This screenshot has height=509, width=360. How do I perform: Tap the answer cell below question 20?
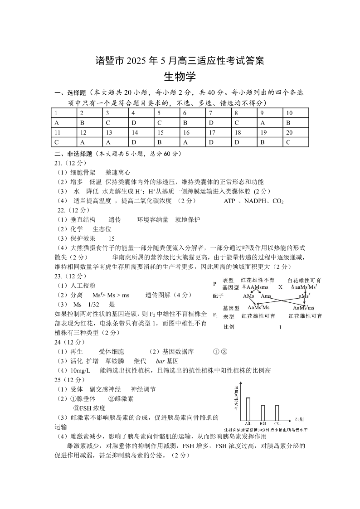point(296,142)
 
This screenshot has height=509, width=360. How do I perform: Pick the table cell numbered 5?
point(167,113)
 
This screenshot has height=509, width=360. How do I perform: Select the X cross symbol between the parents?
point(280,287)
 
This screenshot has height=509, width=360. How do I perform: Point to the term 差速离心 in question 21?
point(118,172)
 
